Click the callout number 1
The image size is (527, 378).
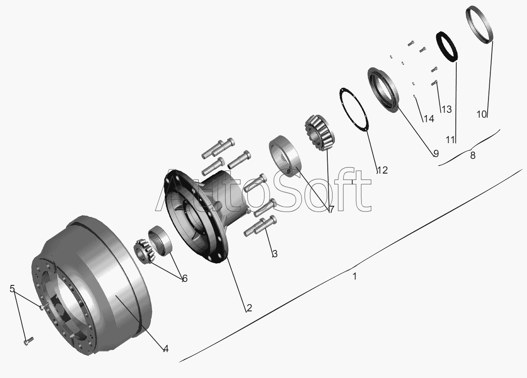click(354, 276)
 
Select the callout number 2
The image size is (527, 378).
click(249, 307)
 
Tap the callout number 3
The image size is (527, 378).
click(274, 254)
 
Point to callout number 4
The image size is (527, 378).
click(166, 349)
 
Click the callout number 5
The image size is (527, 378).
click(12, 289)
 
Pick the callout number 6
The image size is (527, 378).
click(184, 278)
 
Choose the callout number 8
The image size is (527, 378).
click(472, 155)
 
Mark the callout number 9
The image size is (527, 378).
click(436, 153)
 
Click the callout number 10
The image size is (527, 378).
click(482, 114)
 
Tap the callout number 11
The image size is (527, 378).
click(450, 139)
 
